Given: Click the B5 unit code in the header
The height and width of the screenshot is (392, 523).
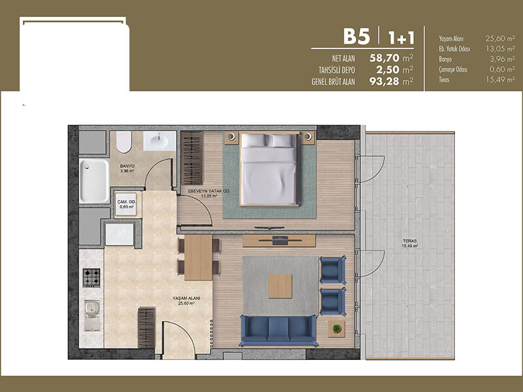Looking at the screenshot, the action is pos(356,37).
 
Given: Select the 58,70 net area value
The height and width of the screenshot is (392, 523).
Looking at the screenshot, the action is pos(384,58).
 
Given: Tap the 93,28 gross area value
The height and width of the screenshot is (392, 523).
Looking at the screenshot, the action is pos(384,81).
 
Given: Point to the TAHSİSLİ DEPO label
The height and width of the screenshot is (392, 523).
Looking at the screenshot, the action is pos(337,71).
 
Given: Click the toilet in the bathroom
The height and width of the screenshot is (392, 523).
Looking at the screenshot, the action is pos(124,142).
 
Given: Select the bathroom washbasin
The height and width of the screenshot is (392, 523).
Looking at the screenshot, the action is pos(160,141).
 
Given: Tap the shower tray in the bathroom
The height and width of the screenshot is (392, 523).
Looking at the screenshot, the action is pos(94,181).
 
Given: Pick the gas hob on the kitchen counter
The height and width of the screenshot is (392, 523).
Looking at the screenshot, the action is pos(92,278).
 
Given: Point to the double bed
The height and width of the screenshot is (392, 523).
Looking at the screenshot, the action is pos(269,169).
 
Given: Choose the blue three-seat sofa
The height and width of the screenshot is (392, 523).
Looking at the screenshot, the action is pos(278,331).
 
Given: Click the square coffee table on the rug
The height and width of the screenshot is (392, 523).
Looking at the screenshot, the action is pos(280,286).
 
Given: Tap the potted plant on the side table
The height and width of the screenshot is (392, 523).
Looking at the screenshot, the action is pos(337,329).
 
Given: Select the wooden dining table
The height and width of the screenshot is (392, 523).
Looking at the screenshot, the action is pos(199,257).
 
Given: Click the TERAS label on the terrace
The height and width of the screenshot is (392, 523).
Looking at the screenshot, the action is pos(410,240).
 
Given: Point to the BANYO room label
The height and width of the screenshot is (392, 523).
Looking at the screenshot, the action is pos(127,166).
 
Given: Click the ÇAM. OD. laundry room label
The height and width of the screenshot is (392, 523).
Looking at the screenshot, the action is pos(126,202).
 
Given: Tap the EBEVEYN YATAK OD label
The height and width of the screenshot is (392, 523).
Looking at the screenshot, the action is pos(209,191).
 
